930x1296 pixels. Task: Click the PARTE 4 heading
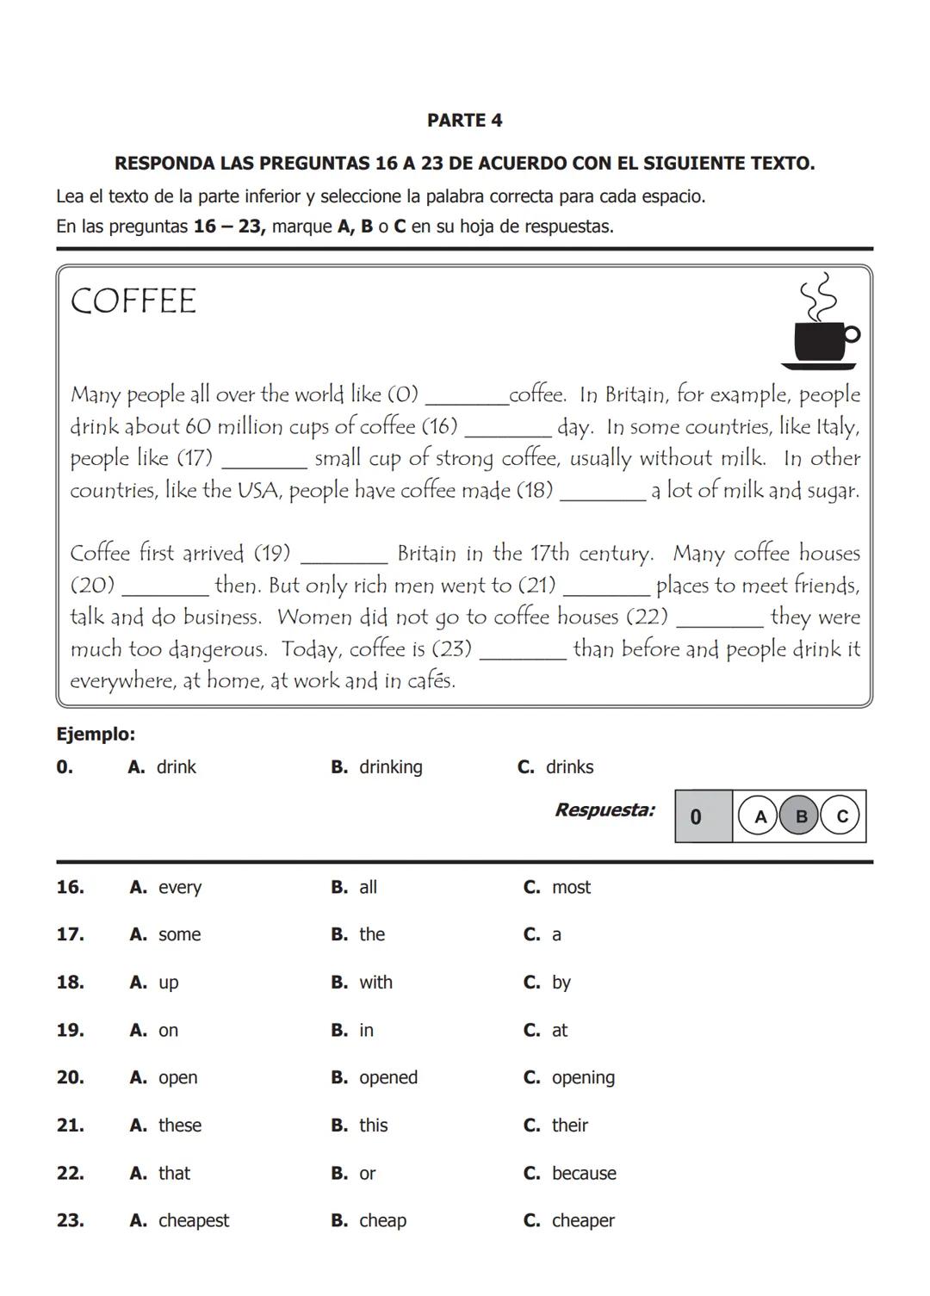pos(464,121)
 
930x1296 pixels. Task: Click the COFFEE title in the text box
pos(133,301)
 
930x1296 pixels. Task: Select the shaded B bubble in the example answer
pos(800,816)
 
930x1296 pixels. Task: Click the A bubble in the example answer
pos(759,816)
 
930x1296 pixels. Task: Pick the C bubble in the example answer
pos(841,816)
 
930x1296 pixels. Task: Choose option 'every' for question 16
pos(179,888)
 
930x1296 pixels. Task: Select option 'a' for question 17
pos(555,935)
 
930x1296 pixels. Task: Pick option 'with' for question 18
pos(375,983)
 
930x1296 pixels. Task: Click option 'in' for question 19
pos(366,1031)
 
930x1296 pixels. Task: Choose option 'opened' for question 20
pos(387,1078)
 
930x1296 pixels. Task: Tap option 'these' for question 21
pos(179,1125)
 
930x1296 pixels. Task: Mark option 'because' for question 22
pos(583,1174)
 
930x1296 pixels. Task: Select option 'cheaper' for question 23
pos(582,1221)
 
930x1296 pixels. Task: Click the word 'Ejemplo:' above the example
pos(96,735)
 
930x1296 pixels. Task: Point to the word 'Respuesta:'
pos(604,810)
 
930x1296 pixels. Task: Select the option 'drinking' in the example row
pos(390,767)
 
